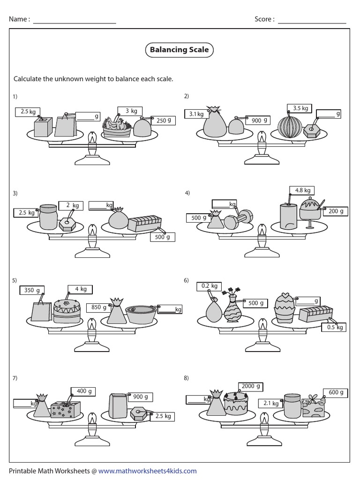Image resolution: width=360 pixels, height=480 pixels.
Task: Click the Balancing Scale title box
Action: pyautogui.click(x=179, y=50)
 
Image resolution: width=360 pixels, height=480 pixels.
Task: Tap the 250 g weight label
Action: pyautogui.click(x=163, y=120)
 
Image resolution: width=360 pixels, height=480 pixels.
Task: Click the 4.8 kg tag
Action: pyautogui.click(x=302, y=190)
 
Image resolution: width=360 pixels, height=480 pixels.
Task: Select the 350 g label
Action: pyautogui.click(x=32, y=290)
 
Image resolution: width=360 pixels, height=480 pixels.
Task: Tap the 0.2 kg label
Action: pyautogui.click(x=209, y=286)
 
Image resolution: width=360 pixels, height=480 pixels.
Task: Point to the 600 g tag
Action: pyautogui.click(x=336, y=392)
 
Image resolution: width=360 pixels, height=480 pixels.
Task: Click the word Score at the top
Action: pyautogui.click(x=263, y=19)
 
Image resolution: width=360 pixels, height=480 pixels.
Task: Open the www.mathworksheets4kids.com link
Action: pyautogui.click(x=148, y=471)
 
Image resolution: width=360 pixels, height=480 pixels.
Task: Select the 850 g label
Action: pyautogui.click(x=97, y=307)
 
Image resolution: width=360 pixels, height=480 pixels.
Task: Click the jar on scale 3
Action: pyautogui.click(x=48, y=217)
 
